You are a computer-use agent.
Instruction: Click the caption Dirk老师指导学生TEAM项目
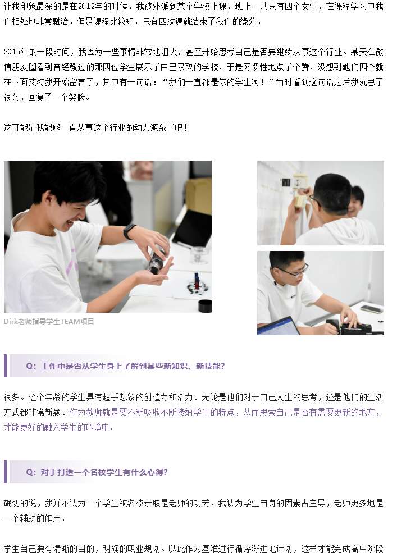49,322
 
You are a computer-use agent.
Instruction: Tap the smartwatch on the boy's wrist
129,231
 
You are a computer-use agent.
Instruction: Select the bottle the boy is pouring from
157,259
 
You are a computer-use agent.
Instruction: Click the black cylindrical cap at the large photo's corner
205,306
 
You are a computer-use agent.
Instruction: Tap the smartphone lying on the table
371,309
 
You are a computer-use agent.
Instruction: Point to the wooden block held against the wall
300,200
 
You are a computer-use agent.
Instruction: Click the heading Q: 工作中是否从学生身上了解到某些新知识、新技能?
125,366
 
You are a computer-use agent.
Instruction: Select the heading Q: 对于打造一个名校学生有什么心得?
97,472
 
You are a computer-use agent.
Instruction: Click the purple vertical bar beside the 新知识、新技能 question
5,366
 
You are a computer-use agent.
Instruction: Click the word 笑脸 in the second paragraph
77,97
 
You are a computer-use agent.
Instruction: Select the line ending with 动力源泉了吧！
96,127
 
